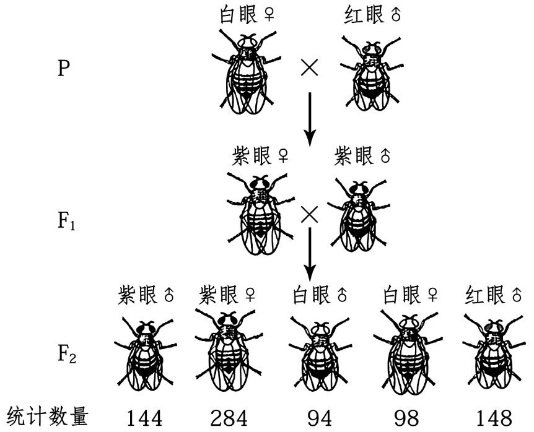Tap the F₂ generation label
[x=66, y=356]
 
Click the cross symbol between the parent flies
[x=309, y=67]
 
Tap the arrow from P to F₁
[x=310, y=118]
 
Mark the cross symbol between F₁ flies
[x=309, y=215]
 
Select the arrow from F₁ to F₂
[x=310, y=254]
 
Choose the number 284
[x=226, y=418]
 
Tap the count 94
[x=313, y=418]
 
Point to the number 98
[x=401, y=418]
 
